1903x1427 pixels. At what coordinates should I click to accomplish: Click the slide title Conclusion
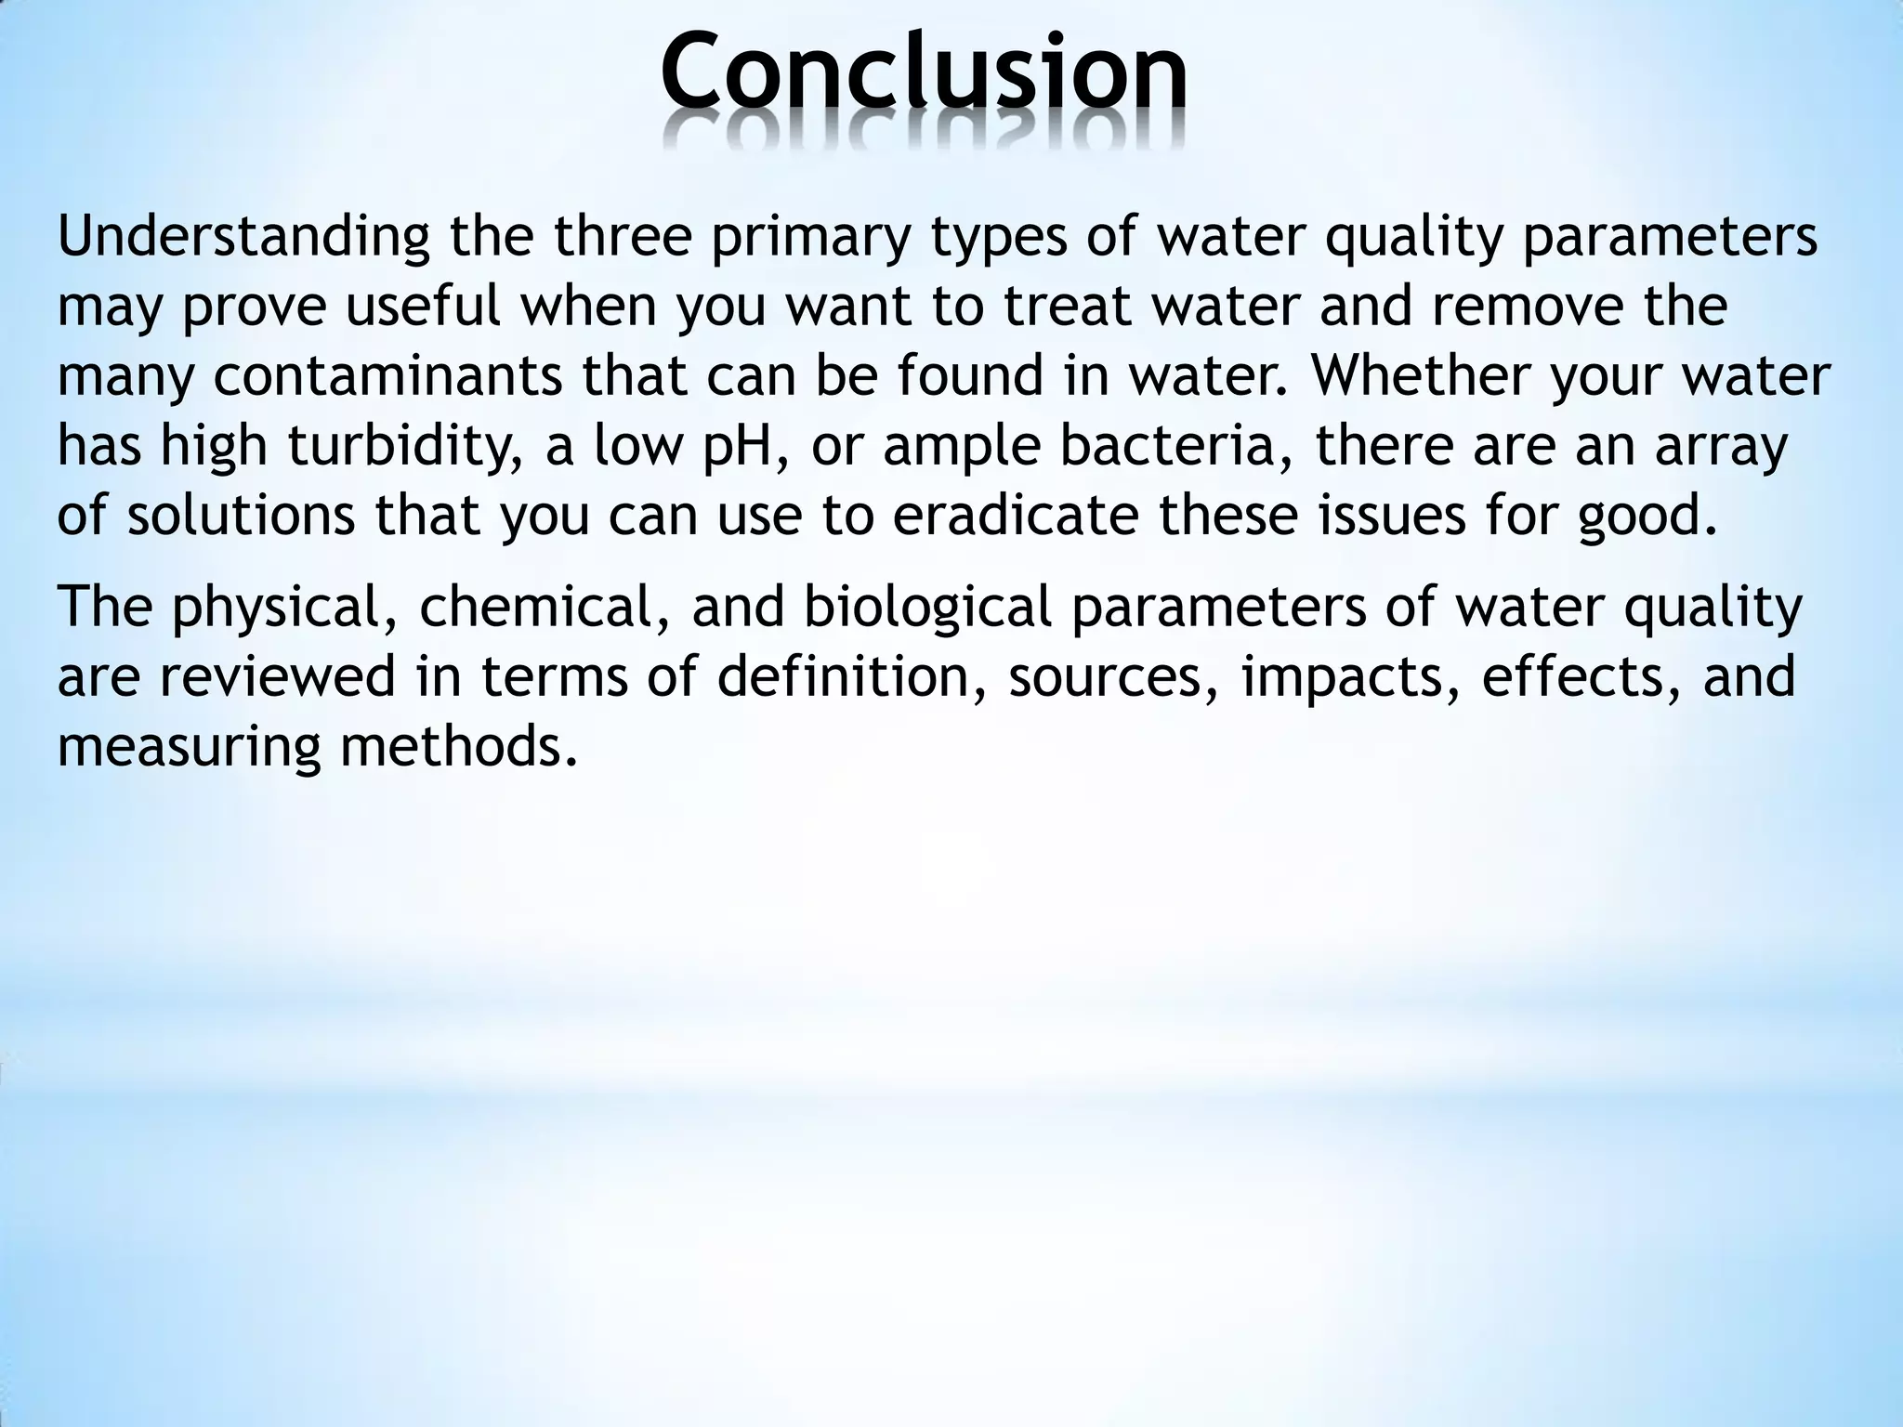pyautogui.click(x=924, y=72)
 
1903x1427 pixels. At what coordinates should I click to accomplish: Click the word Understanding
pyautogui.click(x=243, y=237)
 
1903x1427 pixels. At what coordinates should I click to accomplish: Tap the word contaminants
pyautogui.click(x=387, y=376)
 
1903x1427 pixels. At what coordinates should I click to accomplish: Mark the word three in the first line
pyautogui.click(x=623, y=237)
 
